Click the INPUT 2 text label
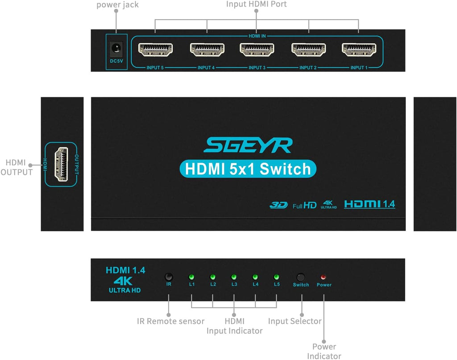tap(307, 68)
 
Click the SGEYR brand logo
tap(248, 145)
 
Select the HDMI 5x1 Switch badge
tap(248, 169)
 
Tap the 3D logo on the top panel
tap(278, 205)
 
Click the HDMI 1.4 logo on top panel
tap(370, 204)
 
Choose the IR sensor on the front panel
tap(169, 277)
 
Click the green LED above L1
tap(191, 277)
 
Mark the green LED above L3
tap(234, 277)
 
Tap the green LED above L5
tap(276, 277)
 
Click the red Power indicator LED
tap(324, 277)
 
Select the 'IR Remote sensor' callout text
tap(170, 321)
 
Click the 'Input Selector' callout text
tap(295, 321)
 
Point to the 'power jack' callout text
tap(118, 5)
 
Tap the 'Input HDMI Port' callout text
tap(256, 4)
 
